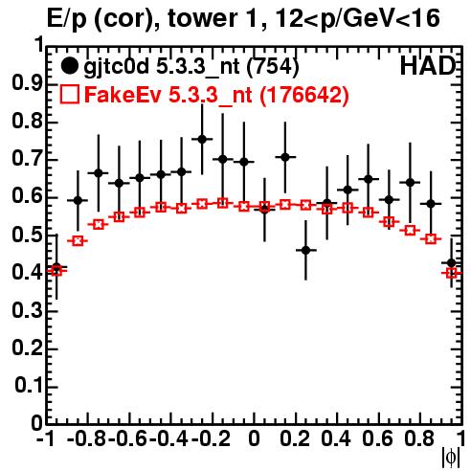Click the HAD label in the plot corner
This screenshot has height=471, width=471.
click(x=428, y=66)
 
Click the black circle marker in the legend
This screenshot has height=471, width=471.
click(x=69, y=66)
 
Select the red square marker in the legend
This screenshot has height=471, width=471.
click(x=69, y=94)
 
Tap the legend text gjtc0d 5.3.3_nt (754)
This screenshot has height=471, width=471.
click(x=191, y=67)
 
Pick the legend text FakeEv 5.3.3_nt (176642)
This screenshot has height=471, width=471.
click(x=216, y=95)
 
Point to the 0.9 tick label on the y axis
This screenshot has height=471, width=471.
click(x=27, y=83)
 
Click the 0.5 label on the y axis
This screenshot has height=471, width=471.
click(x=27, y=235)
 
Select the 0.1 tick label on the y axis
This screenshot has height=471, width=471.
click(x=28, y=386)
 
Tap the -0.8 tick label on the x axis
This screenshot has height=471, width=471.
click(x=86, y=438)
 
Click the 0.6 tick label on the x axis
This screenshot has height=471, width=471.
click(x=377, y=438)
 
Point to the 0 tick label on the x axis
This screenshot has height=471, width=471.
click(x=254, y=438)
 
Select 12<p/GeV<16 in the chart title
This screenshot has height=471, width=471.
click(x=357, y=19)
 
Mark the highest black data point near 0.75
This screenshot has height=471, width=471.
click(x=202, y=139)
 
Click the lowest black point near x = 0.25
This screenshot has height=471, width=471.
click(x=305, y=250)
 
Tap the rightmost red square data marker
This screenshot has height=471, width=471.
click(x=452, y=273)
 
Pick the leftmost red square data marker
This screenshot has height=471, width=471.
click(x=56, y=271)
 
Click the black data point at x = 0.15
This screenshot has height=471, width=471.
click(x=285, y=157)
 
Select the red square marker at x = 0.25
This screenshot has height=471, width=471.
click(x=305, y=205)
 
